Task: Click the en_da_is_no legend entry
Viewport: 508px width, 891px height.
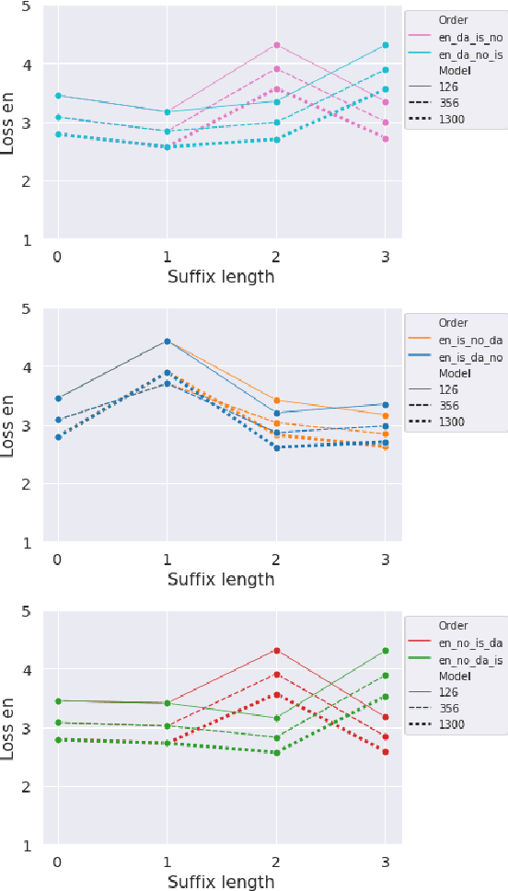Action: click(469, 38)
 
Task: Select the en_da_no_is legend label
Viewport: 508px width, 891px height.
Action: click(469, 54)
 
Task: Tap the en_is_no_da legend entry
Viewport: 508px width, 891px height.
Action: click(469, 341)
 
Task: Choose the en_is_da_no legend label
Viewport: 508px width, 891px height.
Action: click(469, 357)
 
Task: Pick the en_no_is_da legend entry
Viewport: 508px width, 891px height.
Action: click(469, 642)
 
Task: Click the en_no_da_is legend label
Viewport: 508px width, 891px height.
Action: click(469, 660)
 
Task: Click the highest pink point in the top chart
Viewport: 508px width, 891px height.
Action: click(276, 45)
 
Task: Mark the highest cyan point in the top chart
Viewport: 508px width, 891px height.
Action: click(386, 45)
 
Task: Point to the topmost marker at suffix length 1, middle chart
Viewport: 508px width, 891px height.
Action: click(167, 341)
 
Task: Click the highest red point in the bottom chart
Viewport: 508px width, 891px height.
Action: click(276, 651)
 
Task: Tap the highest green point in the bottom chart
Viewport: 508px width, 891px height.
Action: click(386, 651)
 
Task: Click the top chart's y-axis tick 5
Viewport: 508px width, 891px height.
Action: click(25, 6)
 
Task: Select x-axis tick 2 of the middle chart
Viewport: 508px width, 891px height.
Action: click(276, 560)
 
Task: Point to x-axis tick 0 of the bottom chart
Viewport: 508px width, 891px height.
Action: click(58, 862)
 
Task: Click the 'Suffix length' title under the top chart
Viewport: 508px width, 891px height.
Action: click(221, 276)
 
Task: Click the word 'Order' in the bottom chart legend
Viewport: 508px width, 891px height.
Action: click(454, 626)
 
